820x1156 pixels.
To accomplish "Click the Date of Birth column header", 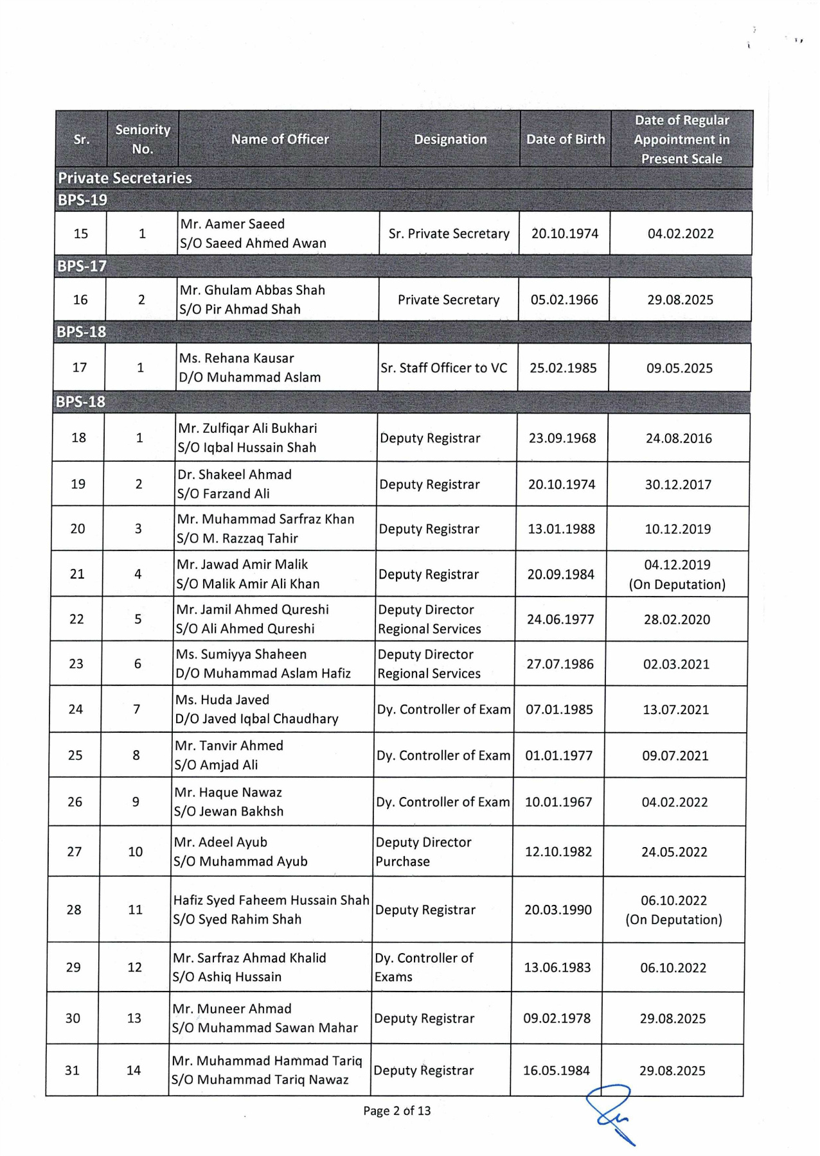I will coord(566,139).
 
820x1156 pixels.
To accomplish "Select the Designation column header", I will coord(450,139).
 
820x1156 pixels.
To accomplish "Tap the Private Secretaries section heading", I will coord(125,178).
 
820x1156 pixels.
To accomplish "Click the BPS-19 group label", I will coord(83,200).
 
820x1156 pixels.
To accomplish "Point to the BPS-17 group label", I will coord(82,266).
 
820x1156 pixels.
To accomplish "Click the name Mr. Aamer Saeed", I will coord(233,224).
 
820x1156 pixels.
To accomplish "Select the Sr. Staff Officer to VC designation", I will coord(443,368).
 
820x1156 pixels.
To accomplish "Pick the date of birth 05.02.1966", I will coord(564,300).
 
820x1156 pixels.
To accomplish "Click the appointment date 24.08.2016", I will coord(679,439).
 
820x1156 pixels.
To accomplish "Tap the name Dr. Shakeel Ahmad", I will coord(235,475).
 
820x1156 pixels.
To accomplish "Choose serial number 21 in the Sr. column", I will coord(77,574).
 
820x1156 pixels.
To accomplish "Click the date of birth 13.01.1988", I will coord(562,529).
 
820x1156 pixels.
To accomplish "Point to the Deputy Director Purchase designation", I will coord(423,852).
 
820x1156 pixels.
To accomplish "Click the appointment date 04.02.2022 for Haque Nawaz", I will coord(675,802).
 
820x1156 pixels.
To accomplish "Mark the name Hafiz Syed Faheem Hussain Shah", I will coord(271,900).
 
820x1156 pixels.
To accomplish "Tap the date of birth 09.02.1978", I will coord(557,1019).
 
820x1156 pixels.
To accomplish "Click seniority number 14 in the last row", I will coord(134,1071).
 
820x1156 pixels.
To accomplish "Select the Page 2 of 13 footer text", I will coord(397,1111).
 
